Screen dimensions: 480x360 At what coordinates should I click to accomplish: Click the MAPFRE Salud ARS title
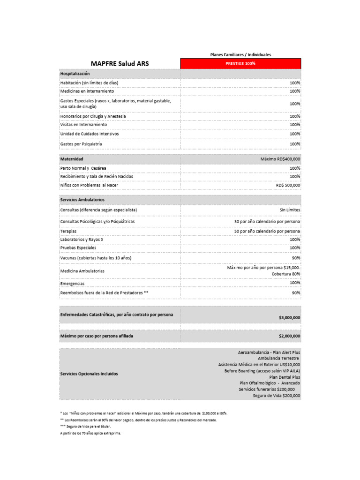point(120,63)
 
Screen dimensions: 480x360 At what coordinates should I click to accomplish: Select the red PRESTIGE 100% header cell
point(240,63)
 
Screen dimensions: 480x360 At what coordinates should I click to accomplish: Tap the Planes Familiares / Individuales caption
point(240,55)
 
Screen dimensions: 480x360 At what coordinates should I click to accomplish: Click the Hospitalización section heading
point(75,74)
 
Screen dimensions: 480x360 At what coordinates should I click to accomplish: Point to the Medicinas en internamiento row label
point(87,91)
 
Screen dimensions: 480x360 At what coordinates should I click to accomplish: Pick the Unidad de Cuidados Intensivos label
point(90,134)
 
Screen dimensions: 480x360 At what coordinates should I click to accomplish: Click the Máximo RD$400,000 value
point(280,159)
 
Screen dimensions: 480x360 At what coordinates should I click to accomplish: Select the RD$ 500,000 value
point(288,185)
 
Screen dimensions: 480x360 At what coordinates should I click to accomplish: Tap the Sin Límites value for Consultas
point(290,210)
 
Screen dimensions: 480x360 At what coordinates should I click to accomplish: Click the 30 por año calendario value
point(267,221)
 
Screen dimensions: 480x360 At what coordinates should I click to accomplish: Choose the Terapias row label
point(68,231)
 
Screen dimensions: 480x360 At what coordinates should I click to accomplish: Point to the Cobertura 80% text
point(286,274)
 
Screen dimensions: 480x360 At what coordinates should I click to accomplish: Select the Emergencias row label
point(73,284)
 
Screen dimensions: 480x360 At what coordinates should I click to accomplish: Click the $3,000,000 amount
point(289,317)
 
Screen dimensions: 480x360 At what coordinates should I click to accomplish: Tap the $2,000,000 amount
point(289,336)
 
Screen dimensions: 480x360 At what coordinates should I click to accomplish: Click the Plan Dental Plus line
point(285,377)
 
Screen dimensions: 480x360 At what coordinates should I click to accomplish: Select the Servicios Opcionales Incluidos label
point(89,374)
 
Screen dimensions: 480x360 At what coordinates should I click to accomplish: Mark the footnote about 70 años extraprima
point(90,433)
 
